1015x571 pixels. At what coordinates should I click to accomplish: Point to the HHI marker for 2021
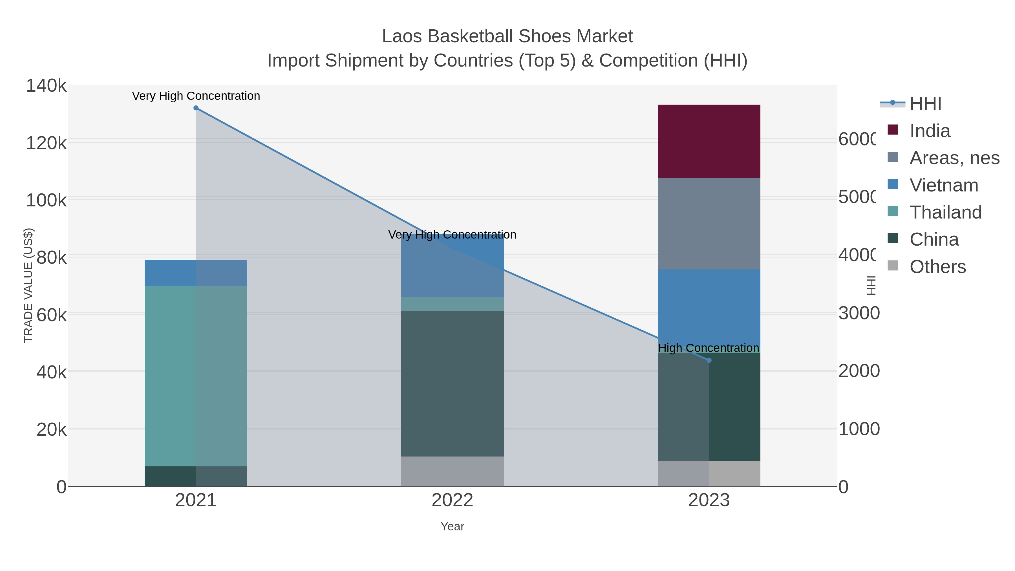pyautogui.click(x=196, y=108)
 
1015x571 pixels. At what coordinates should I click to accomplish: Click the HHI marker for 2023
pyautogui.click(x=709, y=360)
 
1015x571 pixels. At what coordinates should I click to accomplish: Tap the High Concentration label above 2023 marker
pyautogui.click(x=708, y=348)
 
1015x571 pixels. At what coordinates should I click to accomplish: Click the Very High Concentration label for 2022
pyautogui.click(x=452, y=235)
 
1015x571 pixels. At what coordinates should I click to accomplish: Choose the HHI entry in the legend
pyautogui.click(x=925, y=104)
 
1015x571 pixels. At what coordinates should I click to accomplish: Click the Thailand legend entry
pyautogui.click(x=945, y=212)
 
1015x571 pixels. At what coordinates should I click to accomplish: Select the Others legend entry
pyautogui.click(x=937, y=267)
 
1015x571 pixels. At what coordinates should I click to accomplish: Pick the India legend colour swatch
pyautogui.click(x=892, y=130)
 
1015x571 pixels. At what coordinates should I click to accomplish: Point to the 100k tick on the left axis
pyautogui.click(x=46, y=200)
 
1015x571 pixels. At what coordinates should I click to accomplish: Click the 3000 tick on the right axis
pyautogui.click(x=859, y=313)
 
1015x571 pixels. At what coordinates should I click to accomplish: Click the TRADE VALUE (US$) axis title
pyautogui.click(x=28, y=285)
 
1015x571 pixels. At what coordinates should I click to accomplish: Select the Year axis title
pyautogui.click(x=452, y=526)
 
